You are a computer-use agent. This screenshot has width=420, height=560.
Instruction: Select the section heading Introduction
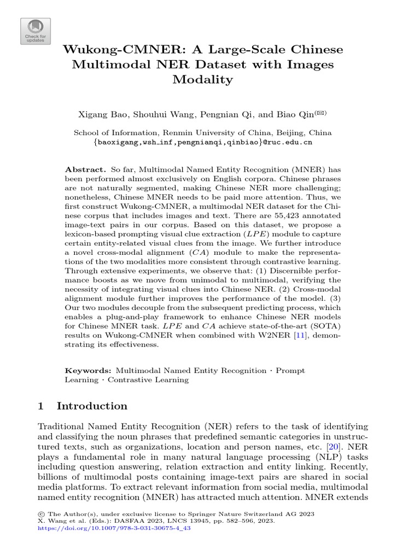(x=92, y=406)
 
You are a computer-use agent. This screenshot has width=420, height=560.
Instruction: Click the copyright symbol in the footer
(x=40, y=514)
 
